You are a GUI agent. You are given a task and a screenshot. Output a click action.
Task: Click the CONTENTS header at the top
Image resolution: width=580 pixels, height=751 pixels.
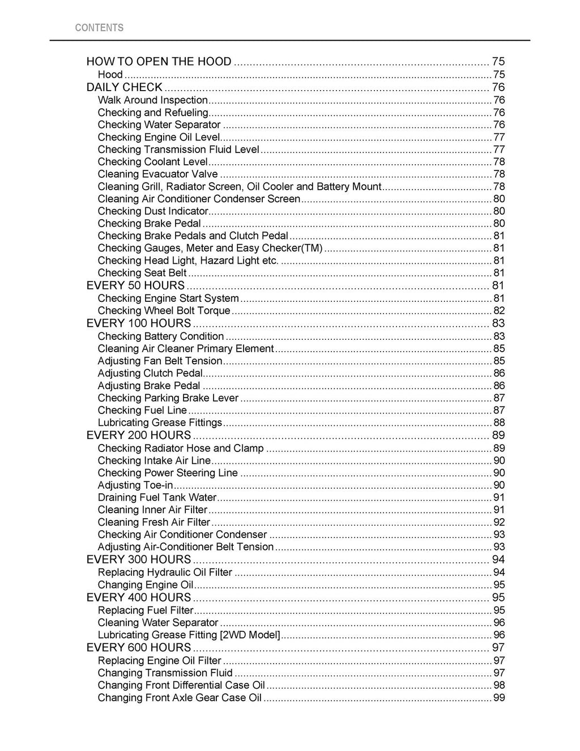[99, 28]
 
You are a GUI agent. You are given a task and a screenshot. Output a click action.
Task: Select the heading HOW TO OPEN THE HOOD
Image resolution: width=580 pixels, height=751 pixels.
[159, 62]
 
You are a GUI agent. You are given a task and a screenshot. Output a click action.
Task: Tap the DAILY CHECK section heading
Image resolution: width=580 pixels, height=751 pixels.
[124, 87]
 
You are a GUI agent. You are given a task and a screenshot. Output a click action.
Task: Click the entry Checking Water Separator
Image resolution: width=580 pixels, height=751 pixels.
[159, 125]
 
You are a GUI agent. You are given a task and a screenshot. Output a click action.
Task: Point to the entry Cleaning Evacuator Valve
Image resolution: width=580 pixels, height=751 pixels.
[157, 174]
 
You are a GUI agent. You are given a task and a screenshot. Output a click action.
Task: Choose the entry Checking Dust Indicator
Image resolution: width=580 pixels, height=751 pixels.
[153, 211]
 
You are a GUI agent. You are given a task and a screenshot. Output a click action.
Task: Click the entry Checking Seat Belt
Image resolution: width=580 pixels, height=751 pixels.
[142, 273]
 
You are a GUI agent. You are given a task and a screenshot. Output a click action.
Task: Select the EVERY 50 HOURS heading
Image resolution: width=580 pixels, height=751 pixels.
[135, 285]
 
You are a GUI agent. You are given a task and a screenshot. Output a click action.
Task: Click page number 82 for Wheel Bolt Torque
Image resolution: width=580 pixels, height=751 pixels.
[498, 310]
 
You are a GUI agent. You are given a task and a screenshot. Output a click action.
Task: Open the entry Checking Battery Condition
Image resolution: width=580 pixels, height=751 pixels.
[160, 336]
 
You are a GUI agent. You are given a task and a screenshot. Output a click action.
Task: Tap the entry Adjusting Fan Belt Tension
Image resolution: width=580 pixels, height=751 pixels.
[160, 361]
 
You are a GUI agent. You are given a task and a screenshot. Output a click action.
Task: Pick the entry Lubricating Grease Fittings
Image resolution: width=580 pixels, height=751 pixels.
[160, 423]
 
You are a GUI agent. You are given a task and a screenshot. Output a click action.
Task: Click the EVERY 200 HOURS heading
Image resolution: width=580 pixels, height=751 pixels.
[138, 435]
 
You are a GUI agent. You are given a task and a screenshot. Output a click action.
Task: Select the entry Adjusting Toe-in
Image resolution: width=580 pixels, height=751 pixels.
[135, 485]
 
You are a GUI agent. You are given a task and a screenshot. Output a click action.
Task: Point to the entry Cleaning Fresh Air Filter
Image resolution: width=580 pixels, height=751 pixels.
[153, 522]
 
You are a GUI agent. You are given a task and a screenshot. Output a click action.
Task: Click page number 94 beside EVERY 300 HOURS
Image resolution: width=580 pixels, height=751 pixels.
[498, 560]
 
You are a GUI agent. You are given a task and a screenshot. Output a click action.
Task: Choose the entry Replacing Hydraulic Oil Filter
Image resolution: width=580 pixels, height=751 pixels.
[165, 573]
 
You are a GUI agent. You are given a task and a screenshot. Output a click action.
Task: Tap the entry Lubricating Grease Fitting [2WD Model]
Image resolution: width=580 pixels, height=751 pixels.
[189, 635]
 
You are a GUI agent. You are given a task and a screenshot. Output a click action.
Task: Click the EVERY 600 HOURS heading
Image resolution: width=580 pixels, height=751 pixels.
[138, 647]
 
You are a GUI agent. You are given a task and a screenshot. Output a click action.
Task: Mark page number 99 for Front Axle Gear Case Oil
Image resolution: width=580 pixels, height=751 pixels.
[498, 698]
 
